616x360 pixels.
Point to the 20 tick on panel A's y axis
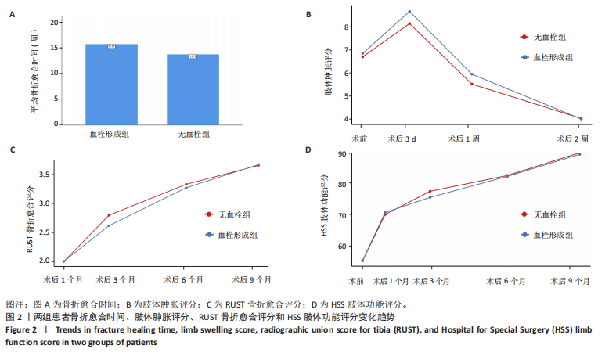54,22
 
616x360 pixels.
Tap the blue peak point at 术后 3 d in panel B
409,12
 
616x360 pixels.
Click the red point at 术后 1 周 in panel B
472,84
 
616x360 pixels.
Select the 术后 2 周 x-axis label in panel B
571,138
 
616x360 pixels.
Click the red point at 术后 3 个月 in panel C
109,215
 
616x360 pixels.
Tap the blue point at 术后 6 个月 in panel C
186,188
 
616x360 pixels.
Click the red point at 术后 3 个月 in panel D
430,191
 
